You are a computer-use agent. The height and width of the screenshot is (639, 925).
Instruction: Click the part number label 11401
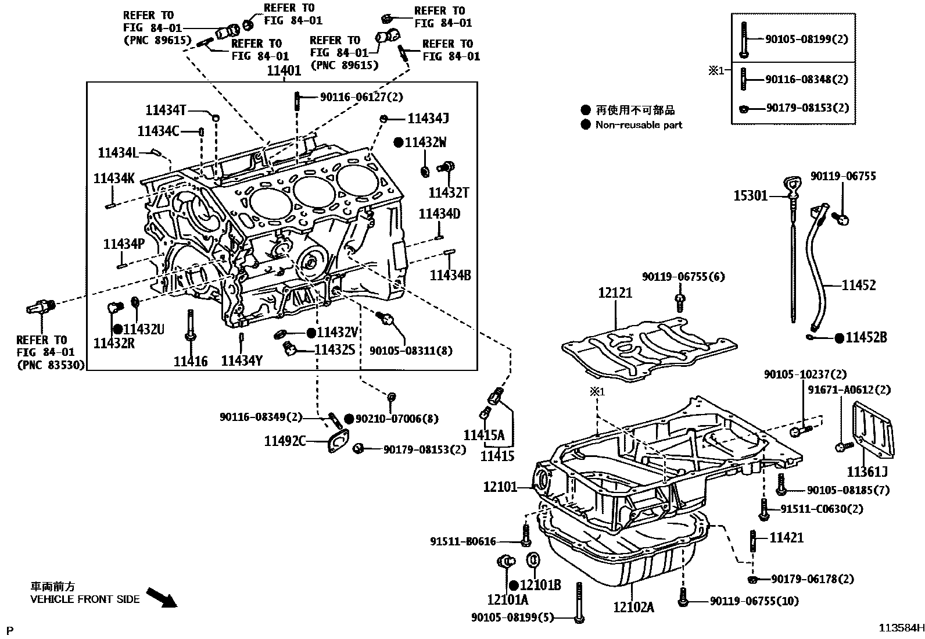click(284, 71)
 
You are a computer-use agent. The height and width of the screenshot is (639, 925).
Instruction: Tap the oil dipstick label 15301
click(750, 197)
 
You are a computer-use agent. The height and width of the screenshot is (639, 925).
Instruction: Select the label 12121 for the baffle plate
click(615, 293)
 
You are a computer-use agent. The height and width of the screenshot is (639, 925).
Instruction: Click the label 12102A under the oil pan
click(633, 608)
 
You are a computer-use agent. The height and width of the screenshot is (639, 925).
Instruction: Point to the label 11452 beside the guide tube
click(859, 285)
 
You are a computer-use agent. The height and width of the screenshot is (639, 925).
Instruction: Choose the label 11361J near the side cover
click(867, 472)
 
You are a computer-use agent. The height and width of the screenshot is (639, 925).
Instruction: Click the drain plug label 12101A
click(507, 599)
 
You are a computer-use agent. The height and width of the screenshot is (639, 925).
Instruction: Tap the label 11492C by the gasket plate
click(285, 441)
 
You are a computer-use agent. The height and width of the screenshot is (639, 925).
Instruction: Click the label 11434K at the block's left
click(114, 179)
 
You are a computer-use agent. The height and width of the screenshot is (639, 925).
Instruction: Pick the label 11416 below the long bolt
click(191, 361)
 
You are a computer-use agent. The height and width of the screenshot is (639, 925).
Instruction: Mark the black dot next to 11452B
click(839, 338)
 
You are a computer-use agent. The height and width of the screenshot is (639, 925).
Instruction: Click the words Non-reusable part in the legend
click(639, 125)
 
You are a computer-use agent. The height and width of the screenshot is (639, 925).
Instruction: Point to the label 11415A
click(483, 435)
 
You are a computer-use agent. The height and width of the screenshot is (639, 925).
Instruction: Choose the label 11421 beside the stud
click(787, 538)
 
